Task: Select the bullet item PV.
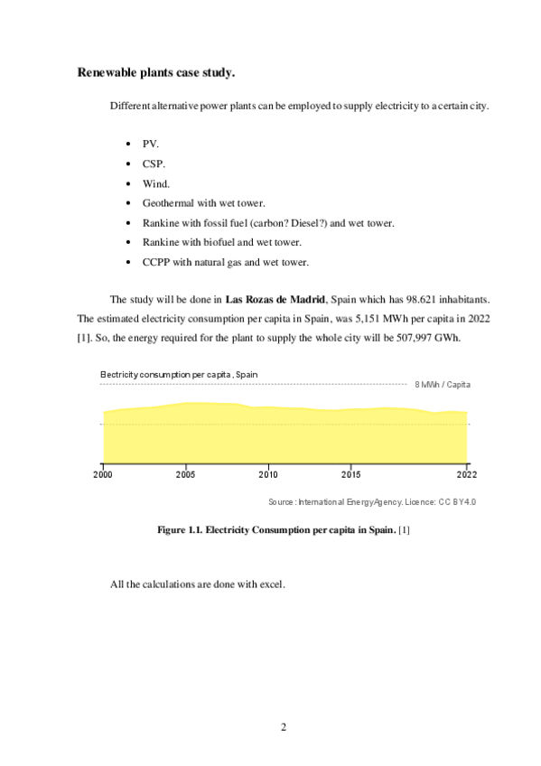(151, 144)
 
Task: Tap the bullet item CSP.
(154, 163)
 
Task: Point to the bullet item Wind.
(156, 183)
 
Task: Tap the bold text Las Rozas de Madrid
(275, 299)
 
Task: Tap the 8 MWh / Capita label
(443, 384)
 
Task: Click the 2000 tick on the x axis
(103, 472)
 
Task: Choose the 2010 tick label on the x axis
(268, 472)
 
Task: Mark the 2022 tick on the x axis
(466, 472)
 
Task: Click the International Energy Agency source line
(371, 501)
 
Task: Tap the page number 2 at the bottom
(283, 726)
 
